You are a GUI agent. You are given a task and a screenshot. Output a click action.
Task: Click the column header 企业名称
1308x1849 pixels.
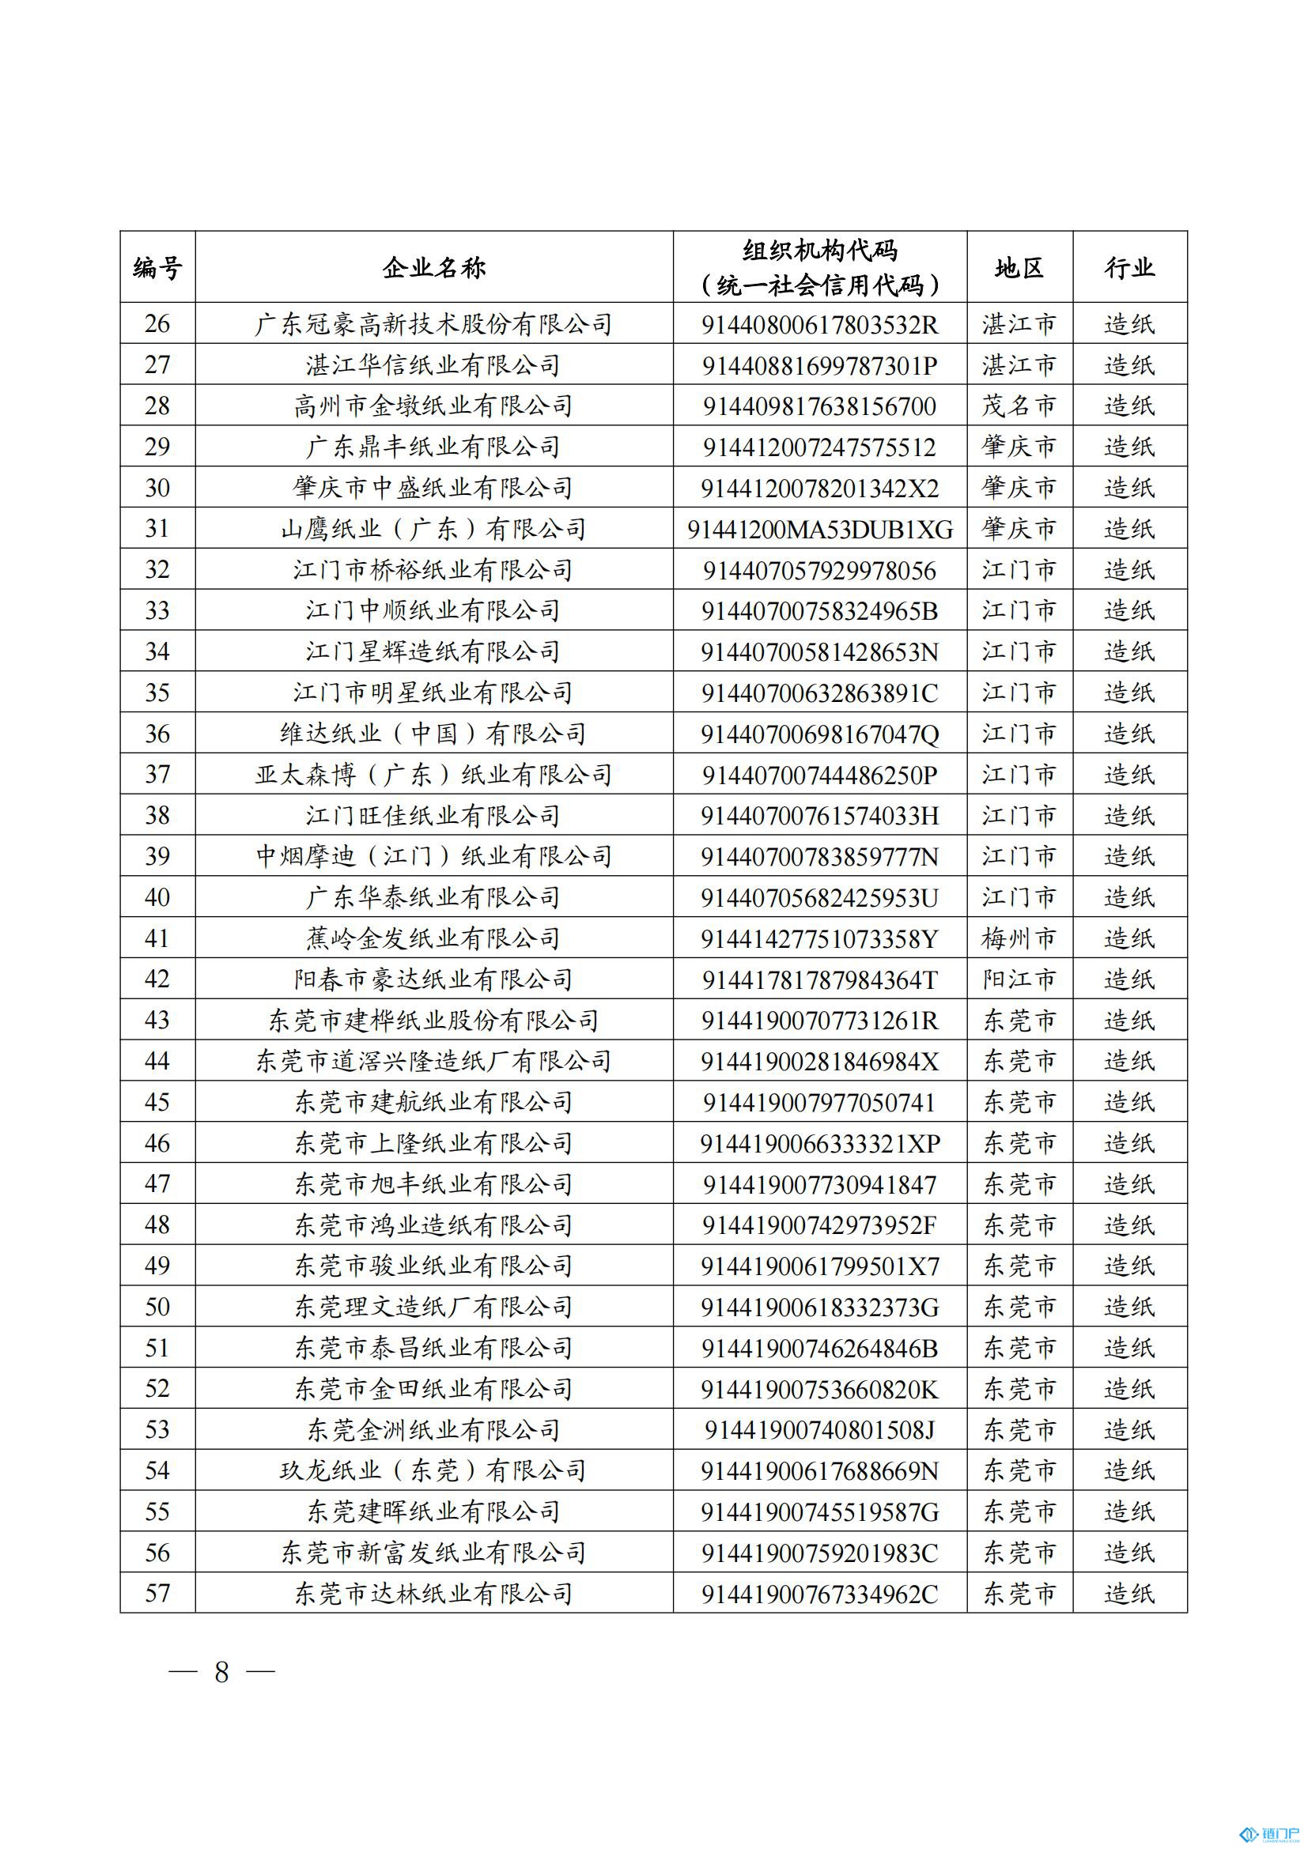click(x=433, y=267)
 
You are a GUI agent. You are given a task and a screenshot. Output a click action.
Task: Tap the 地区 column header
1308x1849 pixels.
click(x=1019, y=267)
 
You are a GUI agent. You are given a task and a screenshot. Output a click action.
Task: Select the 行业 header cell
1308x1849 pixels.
click(x=1129, y=267)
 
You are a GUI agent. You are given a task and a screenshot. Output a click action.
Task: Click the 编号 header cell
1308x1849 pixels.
click(x=157, y=267)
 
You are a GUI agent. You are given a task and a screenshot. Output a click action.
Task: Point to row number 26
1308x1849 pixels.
click(x=157, y=324)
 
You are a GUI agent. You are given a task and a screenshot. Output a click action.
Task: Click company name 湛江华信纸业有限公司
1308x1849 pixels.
click(x=433, y=364)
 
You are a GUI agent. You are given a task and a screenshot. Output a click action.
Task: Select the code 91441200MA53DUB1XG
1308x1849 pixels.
click(x=819, y=529)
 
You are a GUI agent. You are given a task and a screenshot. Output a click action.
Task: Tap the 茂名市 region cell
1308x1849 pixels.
click(x=1019, y=406)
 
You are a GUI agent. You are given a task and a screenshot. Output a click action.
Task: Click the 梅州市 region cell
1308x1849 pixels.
click(x=1019, y=938)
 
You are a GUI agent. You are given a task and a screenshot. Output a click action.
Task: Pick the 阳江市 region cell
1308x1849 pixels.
click(x=1019, y=979)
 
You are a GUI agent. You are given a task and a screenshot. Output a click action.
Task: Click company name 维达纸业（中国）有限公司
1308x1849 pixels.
click(x=433, y=734)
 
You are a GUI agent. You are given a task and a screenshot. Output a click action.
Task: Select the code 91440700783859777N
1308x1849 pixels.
click(x=819, y=856)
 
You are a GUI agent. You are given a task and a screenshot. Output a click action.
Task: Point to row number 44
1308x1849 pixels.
click(x=157, y=1061)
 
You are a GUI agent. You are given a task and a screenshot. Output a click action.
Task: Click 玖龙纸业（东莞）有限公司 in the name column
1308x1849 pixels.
click(x=433, y=1470)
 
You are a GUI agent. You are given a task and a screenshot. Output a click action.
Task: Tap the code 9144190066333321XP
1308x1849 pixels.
click(x=819, y=1143)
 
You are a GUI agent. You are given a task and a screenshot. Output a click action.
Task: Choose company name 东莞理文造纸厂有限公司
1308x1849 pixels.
click(x=433, y=1306)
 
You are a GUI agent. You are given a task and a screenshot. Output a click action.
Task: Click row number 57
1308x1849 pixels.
click(x=157, y=1593)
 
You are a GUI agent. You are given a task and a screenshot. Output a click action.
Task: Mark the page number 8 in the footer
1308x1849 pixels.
click(x=221, y=1673)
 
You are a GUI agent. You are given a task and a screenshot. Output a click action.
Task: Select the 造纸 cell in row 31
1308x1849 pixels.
click(x=1129, y=529)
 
